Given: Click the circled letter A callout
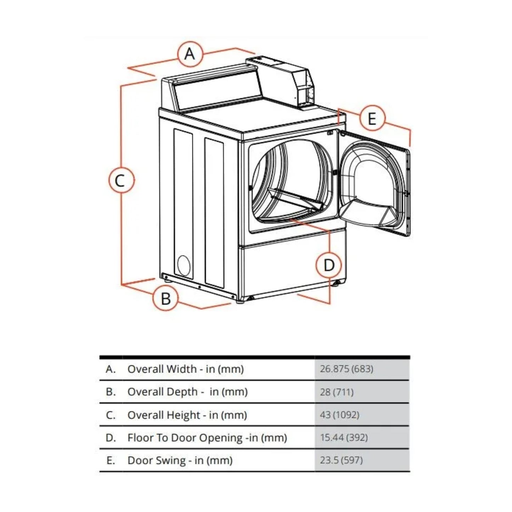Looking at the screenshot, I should click(x=190, y=54).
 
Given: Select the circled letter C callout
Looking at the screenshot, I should click(x=121, y=181).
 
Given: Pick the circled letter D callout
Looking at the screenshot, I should click(x=329, y=265).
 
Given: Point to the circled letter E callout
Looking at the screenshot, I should click(x=372, y=118).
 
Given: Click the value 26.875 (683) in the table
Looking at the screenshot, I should click(x=346, y=369).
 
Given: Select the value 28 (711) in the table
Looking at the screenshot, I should click(x=336, y=392).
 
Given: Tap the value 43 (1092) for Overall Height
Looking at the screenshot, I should click(x=339, y=415).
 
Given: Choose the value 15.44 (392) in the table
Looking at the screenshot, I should click(x=343, y=438).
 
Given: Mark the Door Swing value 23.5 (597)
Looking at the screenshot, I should click(x=341, y=460).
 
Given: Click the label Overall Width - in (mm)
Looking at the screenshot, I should click(x=185, y=369).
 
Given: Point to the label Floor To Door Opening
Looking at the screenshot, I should click(x=207, y=438).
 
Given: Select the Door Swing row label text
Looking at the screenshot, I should click(x=180, y=461).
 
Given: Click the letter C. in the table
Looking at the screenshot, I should click(x=111, y=415).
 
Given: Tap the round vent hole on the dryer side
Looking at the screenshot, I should click(x=184, y=265).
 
